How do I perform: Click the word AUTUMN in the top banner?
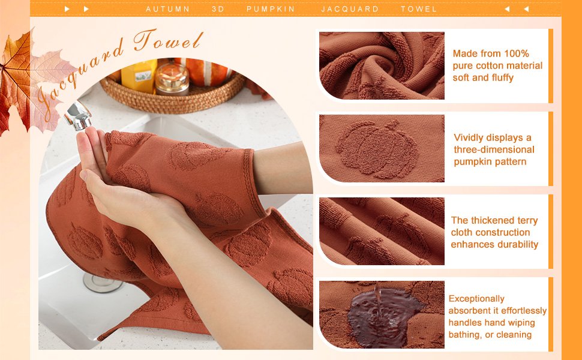[x=167, y=9]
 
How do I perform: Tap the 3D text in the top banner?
[x=218, y=9]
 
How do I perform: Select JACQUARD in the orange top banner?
[x=350, y=9]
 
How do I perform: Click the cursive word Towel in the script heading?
[x=168, y=41]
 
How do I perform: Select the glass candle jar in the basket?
[x=172, y=79]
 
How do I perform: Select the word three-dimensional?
[x=494, y=149]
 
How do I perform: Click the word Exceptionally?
[x=476, y=299]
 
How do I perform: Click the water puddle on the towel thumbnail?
[x=382, y=316]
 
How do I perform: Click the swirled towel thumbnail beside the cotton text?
[x=382, y=65]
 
